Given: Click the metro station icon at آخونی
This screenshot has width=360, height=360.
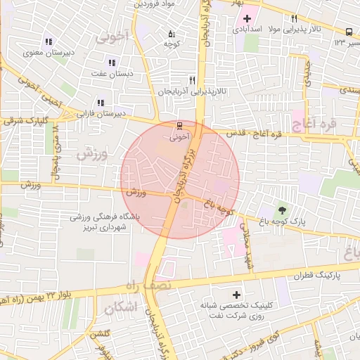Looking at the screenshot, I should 179,127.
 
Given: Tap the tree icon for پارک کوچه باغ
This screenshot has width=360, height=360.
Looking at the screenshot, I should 283,209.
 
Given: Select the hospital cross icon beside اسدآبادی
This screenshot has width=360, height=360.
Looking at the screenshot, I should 246,18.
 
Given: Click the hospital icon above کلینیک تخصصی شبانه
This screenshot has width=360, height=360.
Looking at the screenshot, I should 236,295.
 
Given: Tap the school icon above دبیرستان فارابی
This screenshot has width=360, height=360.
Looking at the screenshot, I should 101,103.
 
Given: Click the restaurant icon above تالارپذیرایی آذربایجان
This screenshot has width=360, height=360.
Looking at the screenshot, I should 192,80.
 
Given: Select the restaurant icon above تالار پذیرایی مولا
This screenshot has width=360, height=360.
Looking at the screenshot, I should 294,19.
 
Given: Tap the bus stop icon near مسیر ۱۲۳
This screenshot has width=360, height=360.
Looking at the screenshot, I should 349,32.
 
